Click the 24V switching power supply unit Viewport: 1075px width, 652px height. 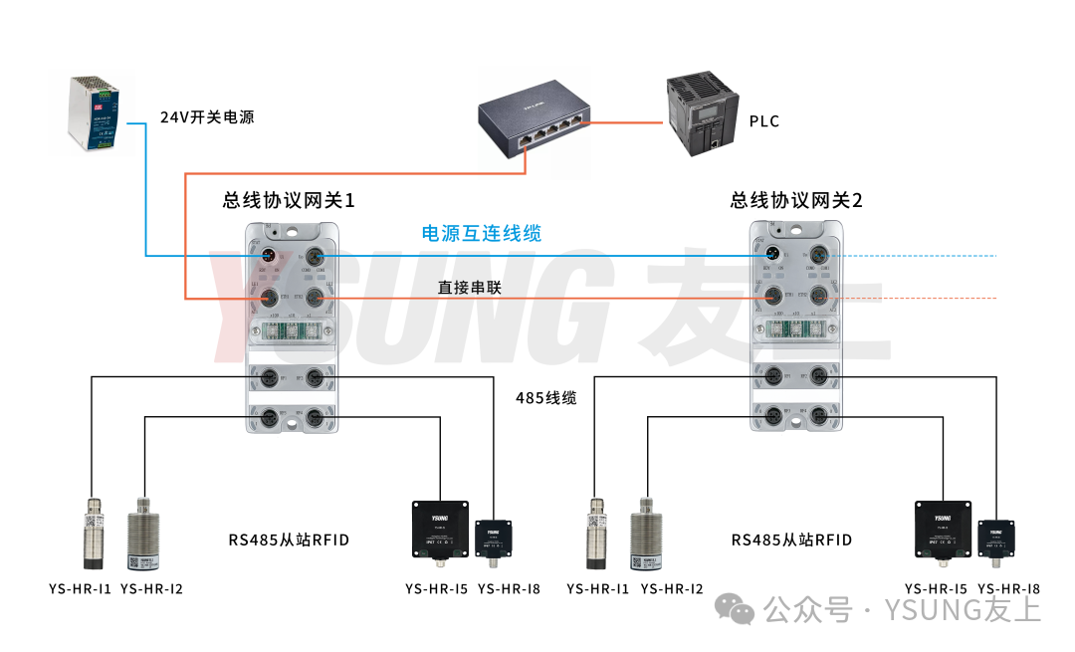click(x=96, y=113)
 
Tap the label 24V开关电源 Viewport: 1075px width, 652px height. click(x=207, y=117)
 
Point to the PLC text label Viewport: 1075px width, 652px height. click(x=764, y=121)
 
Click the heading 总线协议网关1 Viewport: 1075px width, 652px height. click(x=289, y=200)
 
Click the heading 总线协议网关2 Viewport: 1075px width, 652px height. click(x=796, y=200)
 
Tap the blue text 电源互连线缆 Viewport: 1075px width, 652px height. click(x=482, y=234)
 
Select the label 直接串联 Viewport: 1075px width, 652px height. click(x=470, y=288)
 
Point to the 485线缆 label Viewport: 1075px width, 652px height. click(x=545, y=398)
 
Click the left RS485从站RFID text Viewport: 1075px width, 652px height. click(x=289, y=541)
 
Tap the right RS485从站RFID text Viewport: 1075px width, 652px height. click(x=791, y=541)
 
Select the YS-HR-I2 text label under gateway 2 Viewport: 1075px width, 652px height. click(x=672, y=588)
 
